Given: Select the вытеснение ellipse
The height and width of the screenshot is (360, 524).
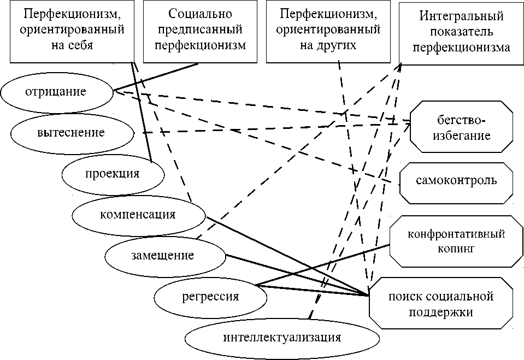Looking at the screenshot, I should [x=71, y=133].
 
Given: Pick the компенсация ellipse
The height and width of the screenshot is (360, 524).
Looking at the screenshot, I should [x=138, y=214].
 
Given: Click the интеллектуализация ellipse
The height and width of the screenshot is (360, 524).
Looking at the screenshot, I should [x=282, y=337].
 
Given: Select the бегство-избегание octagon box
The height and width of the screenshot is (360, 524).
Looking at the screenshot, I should [x=462, y=127].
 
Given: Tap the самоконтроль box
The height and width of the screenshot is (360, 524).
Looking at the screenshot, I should [x=457, y=181].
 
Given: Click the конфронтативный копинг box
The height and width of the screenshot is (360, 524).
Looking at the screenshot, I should [x=456, y=241].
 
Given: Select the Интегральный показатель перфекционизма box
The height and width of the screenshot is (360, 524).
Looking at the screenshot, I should [x=461, y=32].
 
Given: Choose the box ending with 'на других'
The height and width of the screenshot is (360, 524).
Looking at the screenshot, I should [x=328, y=32].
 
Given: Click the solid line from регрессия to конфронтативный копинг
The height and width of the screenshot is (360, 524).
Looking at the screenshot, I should [x=322, y=266].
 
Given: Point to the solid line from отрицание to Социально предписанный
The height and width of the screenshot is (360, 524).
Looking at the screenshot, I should [x=156, y=77].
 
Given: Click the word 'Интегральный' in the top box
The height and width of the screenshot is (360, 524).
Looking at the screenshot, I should [x=462, y=16].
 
